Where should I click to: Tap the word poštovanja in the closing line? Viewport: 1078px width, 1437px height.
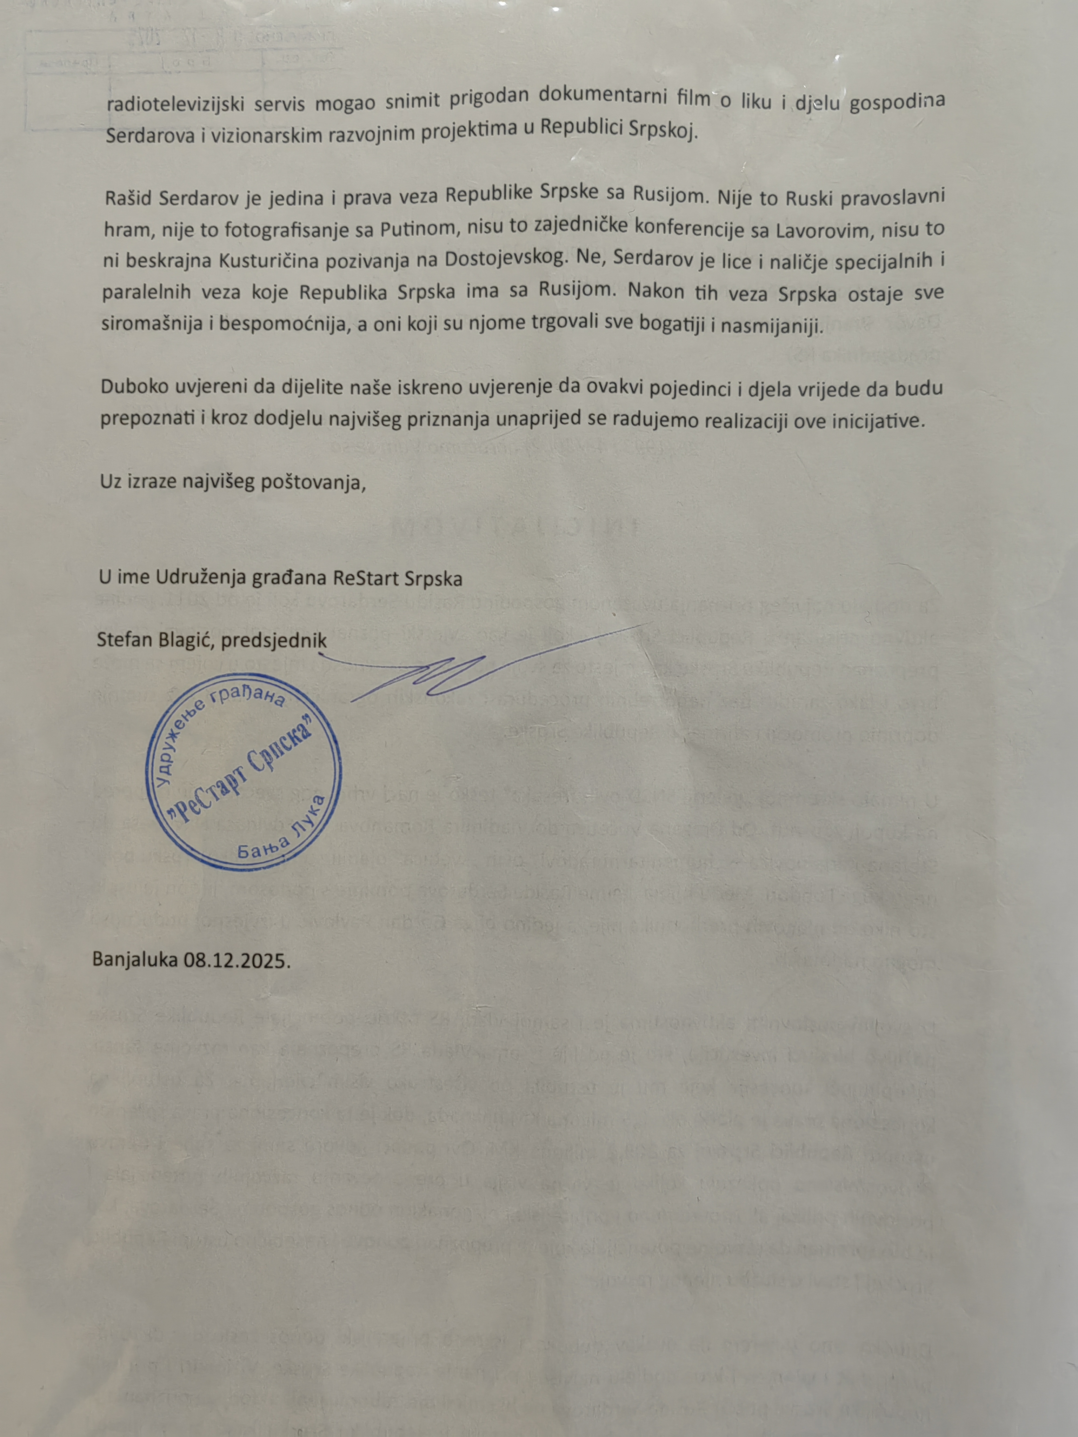309,483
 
